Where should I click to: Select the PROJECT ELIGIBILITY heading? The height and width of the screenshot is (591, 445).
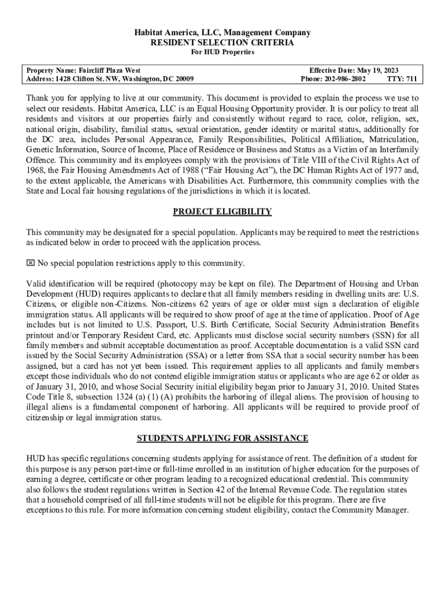tap(222, 212)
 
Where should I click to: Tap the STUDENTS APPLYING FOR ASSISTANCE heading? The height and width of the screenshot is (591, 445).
tap(222, 438)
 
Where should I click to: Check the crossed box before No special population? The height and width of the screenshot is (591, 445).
tap(31, 264)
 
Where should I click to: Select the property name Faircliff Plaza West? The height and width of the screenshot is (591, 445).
tap(109, 69)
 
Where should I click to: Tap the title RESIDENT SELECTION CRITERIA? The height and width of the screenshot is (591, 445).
tap(222, 43)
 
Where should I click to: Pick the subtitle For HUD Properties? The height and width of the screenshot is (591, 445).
tap(222, 53)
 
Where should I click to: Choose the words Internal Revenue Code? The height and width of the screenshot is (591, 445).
tap(285, 489)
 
